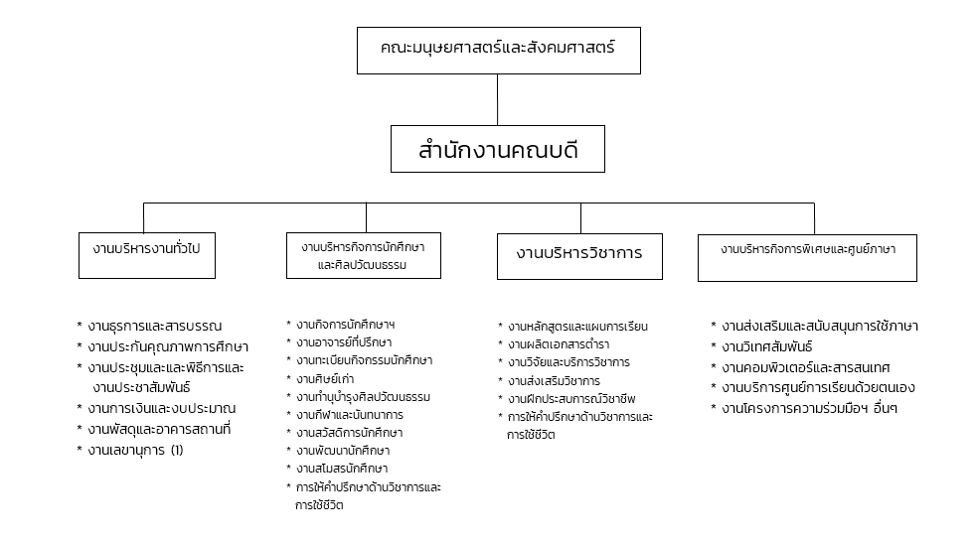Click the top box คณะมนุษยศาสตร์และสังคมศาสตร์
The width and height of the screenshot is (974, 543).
coord(498,51)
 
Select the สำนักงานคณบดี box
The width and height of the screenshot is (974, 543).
coord(498,149)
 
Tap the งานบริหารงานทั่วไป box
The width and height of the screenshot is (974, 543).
coord(147,255)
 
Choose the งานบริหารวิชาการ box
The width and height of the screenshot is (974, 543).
coord(579,256)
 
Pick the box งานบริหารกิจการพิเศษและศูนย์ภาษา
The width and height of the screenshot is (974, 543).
coord(807,257)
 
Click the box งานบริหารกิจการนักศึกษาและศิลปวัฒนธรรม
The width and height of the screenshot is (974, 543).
coord(364,255)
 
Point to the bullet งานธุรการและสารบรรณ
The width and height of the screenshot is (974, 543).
coord(155,326)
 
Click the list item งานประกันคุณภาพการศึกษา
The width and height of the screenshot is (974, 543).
coord(168,346)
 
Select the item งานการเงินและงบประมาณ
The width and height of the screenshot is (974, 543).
coord(161,408)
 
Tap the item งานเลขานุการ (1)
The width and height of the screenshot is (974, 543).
coord(135,450)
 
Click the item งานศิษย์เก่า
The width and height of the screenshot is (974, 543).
coord(325,378)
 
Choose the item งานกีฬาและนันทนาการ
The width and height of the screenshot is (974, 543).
coord(350,415)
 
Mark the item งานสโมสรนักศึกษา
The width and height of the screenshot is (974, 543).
coord(342,469)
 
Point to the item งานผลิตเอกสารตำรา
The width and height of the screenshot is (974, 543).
coord(559,343)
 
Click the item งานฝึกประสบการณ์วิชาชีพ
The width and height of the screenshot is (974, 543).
coord(571,398)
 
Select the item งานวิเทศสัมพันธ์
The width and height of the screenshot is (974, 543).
coord(767,346)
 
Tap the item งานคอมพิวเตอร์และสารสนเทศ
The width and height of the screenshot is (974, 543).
coord(806,367)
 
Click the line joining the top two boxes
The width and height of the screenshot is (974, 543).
coord(498,100)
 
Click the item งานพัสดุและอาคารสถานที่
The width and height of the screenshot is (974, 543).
coord(159,429)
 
